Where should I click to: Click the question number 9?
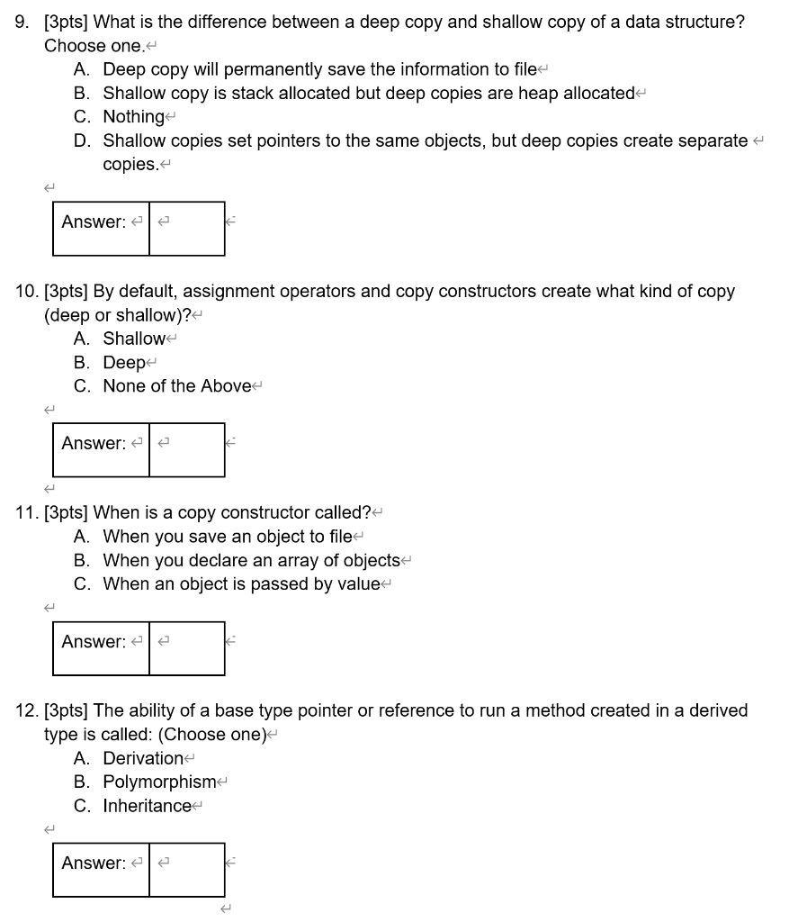[x=22, y=23]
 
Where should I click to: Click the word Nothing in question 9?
[x=133, y=117]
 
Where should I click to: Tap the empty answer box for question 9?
[x=187, y=229]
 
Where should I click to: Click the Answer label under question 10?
[x=94, y=443]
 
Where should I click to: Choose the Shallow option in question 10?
[x=134, y=339]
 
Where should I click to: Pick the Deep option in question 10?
[x=123, y=362]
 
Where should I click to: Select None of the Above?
[x=177, y=385]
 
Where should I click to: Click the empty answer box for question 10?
[x=187, y=450]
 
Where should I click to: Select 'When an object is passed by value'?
[x=241, y=583]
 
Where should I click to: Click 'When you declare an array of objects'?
[x=251, y=560]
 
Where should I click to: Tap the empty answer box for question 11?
[x=187, y=648]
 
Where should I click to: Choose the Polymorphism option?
[x=159, y=782]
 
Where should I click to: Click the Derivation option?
[x=143, y=758]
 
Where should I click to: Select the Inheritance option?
[x=147, y=805]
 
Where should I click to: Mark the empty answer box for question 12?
[x=187, y=870]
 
